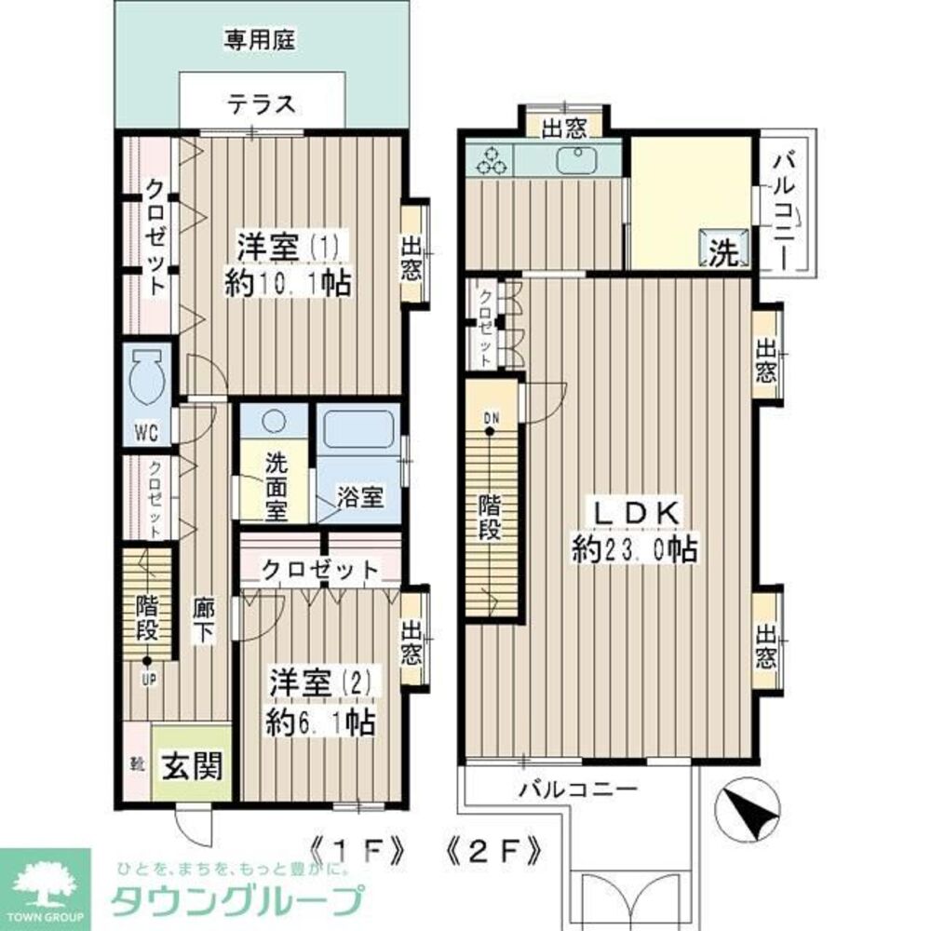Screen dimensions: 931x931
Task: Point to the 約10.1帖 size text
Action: click(288, 284)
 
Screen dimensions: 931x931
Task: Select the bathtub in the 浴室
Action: click(358, 432)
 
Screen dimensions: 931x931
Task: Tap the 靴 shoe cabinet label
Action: click(137, 766)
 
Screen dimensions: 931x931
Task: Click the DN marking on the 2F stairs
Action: click(491, 417)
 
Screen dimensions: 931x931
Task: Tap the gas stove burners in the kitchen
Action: click(490, 161)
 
